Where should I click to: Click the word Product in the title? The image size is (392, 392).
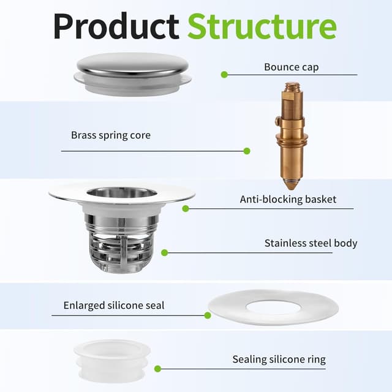pyautogui.click(x=116, y=26)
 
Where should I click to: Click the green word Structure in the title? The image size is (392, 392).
pyautogui.click(x=262, y=26)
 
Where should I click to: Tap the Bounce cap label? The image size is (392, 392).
pyautogui.click(x=292, y=67)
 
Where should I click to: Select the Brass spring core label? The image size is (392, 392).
pyautogui.click(x=111, y=135)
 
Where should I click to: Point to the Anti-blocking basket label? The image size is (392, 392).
pyautogui.click(x=288, y=199)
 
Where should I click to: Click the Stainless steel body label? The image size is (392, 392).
pyautogui.click(x=311, y=243)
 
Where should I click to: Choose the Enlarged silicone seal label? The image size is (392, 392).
pyautogui.click(x=114, y=305)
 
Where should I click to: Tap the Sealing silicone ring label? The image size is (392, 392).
pyautogui.click(x=279, y=360)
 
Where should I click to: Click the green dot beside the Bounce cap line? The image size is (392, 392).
pyautogui.click(x=224, y=75)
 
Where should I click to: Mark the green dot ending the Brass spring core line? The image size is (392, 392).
pyautogui.click(x=247, y=151)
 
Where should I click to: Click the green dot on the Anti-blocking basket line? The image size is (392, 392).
pyautogui.click(x=186, y=208)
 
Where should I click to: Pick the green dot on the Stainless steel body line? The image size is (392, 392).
pyautogui.click(x=165, y=253)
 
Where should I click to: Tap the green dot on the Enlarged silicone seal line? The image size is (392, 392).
pyautogui.click(x=208, y=315)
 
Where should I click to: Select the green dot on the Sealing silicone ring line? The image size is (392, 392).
pyautogui.click(x=157, y=369)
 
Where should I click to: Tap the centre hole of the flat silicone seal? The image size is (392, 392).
pyautogui.click(x=274, y=307)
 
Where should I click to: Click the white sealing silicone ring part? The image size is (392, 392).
pyautogui.click(x=112, y=361)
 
